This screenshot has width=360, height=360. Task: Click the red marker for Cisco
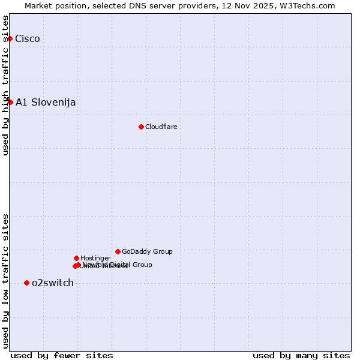tap(10, 39)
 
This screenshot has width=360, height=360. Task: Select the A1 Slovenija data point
tap(10, 102)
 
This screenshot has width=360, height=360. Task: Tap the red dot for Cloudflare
tap(141, 127)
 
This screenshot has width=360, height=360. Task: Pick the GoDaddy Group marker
tap(118, 251)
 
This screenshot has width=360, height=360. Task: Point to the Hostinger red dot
tap(76, 258)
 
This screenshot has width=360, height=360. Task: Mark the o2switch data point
tap(26, 283)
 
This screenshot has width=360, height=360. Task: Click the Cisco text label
tap(28, 39)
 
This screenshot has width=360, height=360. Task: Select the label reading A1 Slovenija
tap(46, 102)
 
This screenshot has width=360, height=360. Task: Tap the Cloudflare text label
tap(161, 127)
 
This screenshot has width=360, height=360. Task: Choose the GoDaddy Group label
tap(147, 251)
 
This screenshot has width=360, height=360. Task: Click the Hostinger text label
tap(95, 258)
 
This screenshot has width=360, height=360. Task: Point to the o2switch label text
tap(53, 283)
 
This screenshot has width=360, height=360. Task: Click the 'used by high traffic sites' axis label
tap(6, 85)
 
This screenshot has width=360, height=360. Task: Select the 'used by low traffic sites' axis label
tap(6, 280)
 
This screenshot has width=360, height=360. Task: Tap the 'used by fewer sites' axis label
tap(62, 355)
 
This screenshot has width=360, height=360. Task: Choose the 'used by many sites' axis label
tap(301, 355)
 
